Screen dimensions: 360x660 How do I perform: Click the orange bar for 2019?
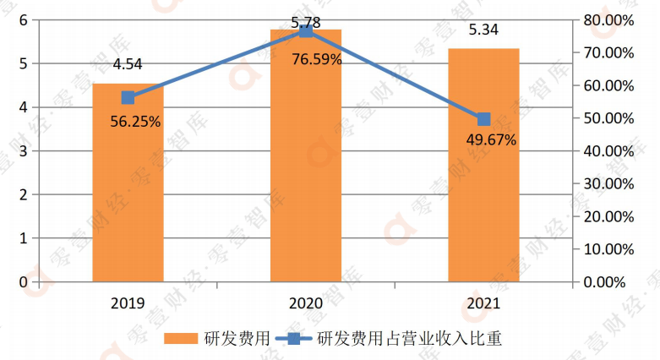tap(128, 194)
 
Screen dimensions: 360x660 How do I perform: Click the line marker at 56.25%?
tap(128, 98)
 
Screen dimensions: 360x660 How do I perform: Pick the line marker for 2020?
tap(306, 30)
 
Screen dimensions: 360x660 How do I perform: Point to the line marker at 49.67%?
tap(483, 119)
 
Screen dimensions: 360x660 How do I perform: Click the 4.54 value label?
tap(128, 64)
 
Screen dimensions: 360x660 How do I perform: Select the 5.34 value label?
tap(483, 30)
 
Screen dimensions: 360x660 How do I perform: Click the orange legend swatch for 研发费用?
tap(182, 339)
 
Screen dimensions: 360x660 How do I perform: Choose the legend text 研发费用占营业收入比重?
tap(409, 339)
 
